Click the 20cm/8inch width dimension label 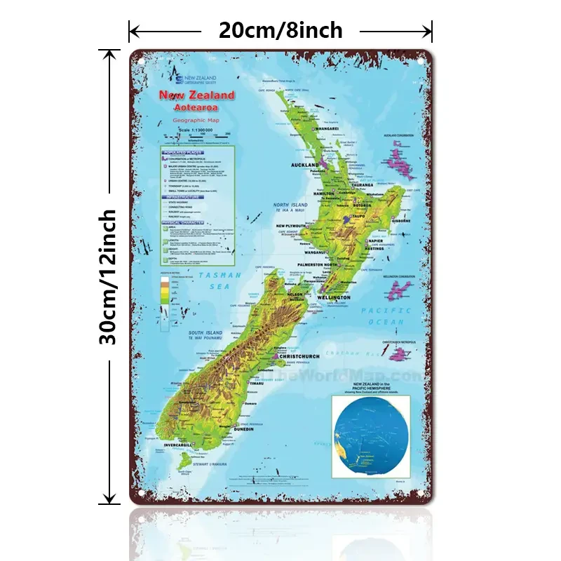point(280,30)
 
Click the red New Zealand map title point(197,95)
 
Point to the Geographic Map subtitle point(196,121)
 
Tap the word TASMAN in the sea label point(219,276)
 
